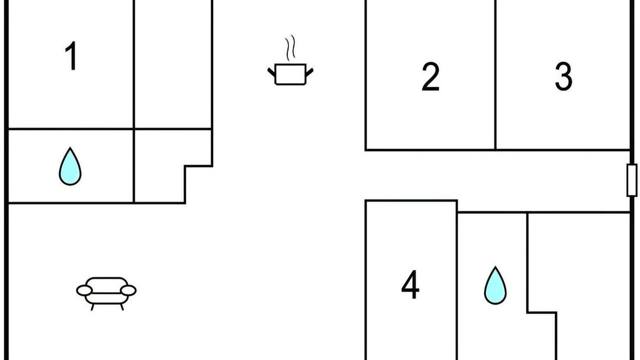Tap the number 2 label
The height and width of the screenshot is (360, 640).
430,76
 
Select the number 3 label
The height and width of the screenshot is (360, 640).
563,76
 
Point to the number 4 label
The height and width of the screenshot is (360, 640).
410,284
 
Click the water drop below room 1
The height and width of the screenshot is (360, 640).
70,168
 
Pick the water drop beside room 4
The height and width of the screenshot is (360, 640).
495,287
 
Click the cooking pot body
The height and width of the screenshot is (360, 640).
290,74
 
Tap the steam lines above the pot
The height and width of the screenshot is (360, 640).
290,48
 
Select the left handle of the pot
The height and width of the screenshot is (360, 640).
271,72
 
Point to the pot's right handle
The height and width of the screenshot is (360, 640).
309,72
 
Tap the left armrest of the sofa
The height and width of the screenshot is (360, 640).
84,290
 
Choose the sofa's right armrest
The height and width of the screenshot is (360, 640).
128,290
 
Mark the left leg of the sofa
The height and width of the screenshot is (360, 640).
92,307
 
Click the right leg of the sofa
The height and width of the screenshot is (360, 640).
122,307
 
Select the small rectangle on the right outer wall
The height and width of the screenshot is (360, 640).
631,180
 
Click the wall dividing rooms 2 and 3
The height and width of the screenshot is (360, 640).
495,75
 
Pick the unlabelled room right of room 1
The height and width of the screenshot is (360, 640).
173,64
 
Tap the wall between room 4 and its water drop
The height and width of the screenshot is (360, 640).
457,280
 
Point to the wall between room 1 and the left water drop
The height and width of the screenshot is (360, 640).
71,129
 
